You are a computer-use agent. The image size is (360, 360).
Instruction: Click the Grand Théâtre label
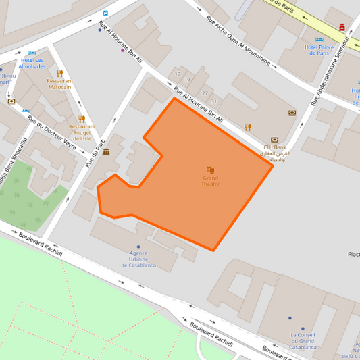tap(210, 181)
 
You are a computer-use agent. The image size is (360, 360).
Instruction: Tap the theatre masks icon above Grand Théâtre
tap(210, 170)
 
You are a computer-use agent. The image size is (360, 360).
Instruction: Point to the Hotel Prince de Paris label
tap(319, 49)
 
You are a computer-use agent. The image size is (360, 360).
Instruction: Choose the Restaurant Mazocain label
tap(60, 84)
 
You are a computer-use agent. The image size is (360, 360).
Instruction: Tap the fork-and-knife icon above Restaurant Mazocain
tap(59, 73)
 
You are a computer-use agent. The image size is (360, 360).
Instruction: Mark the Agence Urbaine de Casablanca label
tap(138, 259)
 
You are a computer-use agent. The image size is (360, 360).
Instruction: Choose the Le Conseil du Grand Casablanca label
tap(303, 340)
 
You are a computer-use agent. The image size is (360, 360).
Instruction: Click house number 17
tap(178, 74)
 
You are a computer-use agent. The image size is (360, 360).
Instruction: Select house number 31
tap(213, 101)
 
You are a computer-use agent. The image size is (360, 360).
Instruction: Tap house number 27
tap(204, 93)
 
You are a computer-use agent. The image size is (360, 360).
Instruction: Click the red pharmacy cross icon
tap(342, 28)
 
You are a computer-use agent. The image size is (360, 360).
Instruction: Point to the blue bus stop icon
tap(105, 13)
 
